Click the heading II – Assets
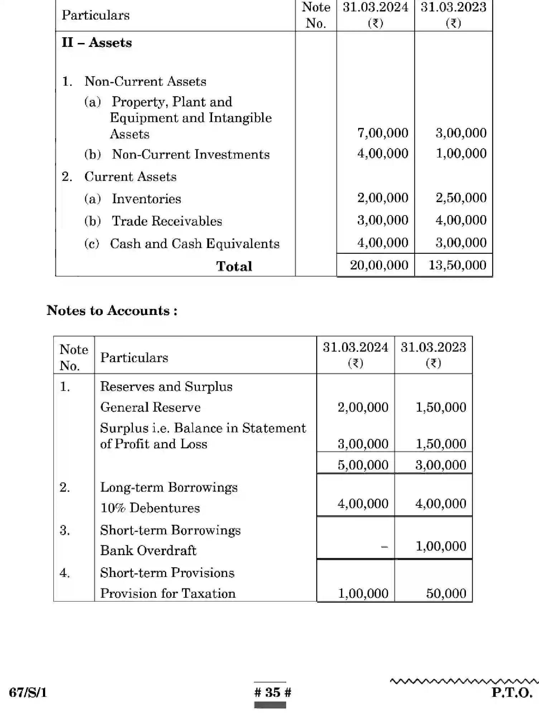[97, 43]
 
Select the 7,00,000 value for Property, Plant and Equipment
[382, 133]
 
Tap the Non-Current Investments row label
[191, 155]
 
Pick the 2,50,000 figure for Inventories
[461, 198]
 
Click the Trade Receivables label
[167, 221]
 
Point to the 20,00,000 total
[379, 265]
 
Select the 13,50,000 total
[457, 265]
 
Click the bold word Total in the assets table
[234, 266]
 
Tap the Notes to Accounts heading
[112, 311]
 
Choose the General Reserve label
[150, 407]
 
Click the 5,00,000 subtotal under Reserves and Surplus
[363, 465]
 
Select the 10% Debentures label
[150, 508]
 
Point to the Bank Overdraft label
[148, 550]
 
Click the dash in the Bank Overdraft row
[384, 547]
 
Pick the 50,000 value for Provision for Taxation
[446, 593]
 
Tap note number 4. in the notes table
[65, 573]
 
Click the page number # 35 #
[273, 692]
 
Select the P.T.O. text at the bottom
[512, 693]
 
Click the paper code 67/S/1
[28, 693]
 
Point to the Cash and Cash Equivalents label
[194, 244]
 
